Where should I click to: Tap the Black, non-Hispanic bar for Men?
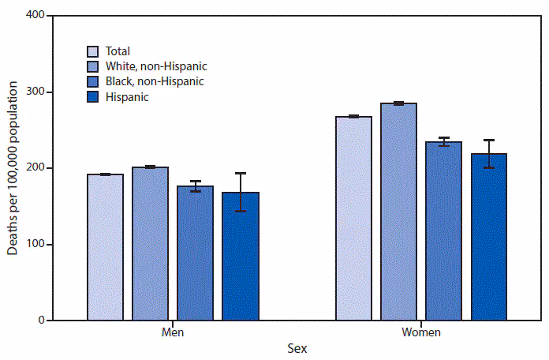[x=195, y=253]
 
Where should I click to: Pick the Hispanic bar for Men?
[x=240, y=257]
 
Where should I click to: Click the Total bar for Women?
[x=353, y=218]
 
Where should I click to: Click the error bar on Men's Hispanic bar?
[x=240, y=192]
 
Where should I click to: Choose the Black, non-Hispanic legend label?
[x=155, y=81]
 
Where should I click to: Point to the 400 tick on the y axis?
[x=35, y=16]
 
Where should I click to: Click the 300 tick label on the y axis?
[x=35, y=92]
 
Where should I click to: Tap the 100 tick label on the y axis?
[x=35, y=245]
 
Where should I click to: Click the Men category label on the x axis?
[x=172, y=332]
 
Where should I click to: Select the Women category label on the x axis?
[x=420, y=332]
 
